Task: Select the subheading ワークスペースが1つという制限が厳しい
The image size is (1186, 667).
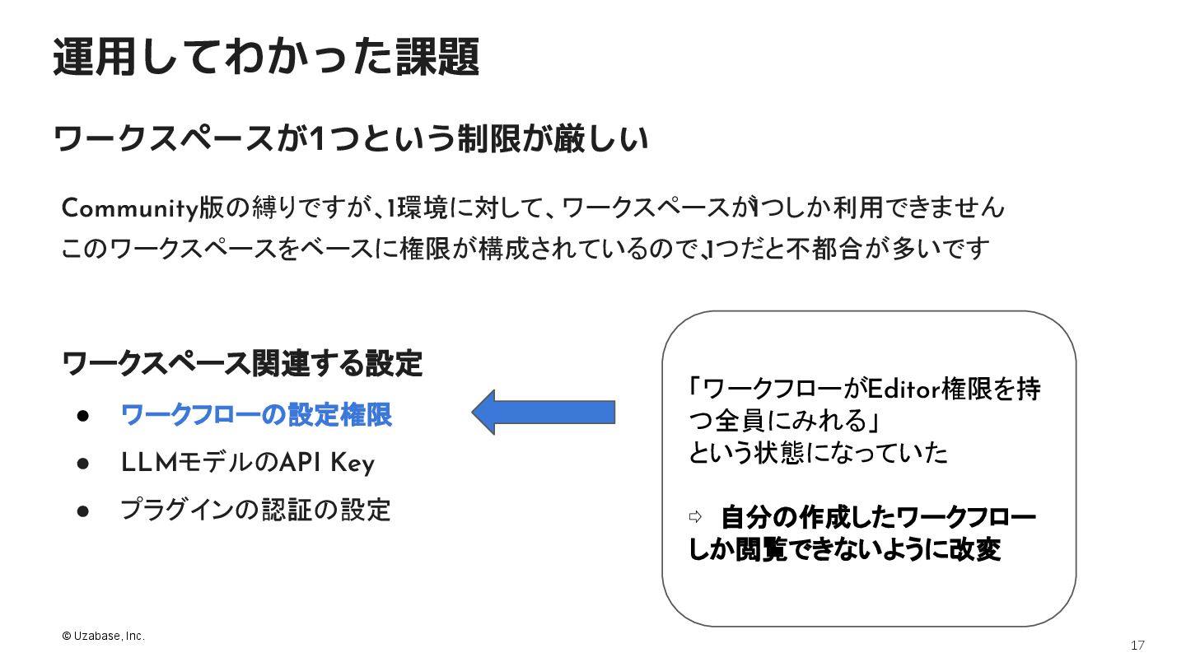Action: click(351, 139)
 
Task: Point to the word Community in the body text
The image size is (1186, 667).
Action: click(130, 208)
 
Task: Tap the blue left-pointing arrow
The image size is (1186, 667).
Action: click(544, 413)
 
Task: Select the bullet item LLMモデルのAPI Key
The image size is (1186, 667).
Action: click(247, 464)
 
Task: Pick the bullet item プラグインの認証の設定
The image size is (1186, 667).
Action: click(255, 511)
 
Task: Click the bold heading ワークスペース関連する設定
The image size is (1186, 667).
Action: click(242, 363)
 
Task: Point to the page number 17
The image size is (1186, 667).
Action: click(1137, 645)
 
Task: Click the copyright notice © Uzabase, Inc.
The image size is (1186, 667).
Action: click(103, 637)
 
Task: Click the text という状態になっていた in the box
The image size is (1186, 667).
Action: click(818, 453)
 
